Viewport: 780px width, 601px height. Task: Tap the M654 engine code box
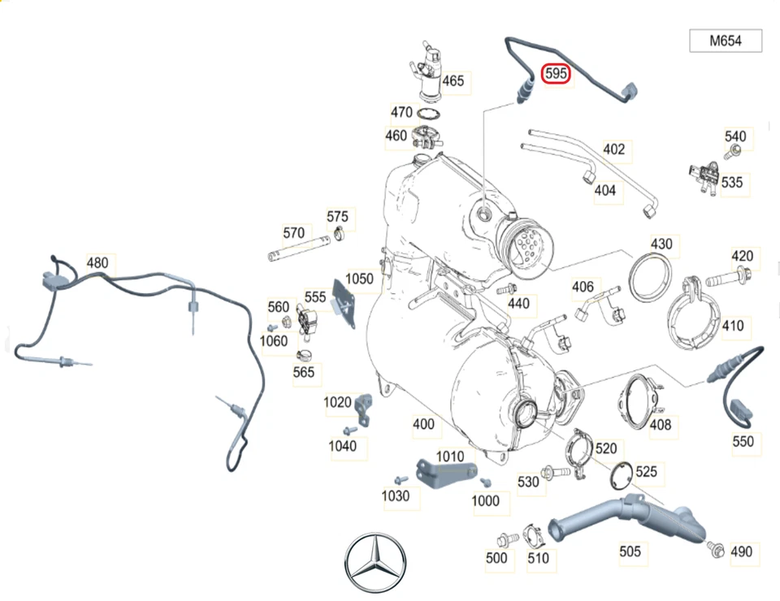coord(726,41)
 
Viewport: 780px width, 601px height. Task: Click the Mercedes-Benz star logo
coord(375,562)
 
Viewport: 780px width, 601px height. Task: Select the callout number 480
coord(97,263)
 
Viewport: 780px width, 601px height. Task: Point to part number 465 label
coord(453,80)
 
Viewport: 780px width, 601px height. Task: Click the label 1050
coord(359,279)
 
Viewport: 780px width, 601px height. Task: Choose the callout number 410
coord(732,326)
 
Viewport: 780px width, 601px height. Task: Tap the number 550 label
coord(743,441)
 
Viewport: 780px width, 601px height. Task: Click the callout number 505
coord(630,551)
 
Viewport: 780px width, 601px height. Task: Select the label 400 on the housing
coord(423,424)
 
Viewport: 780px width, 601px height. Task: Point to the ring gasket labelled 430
coord(652,276)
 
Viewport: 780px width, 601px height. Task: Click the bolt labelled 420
coord(718,281)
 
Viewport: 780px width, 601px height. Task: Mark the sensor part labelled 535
coord(704,174)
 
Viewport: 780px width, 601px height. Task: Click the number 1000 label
coord(486,501)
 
